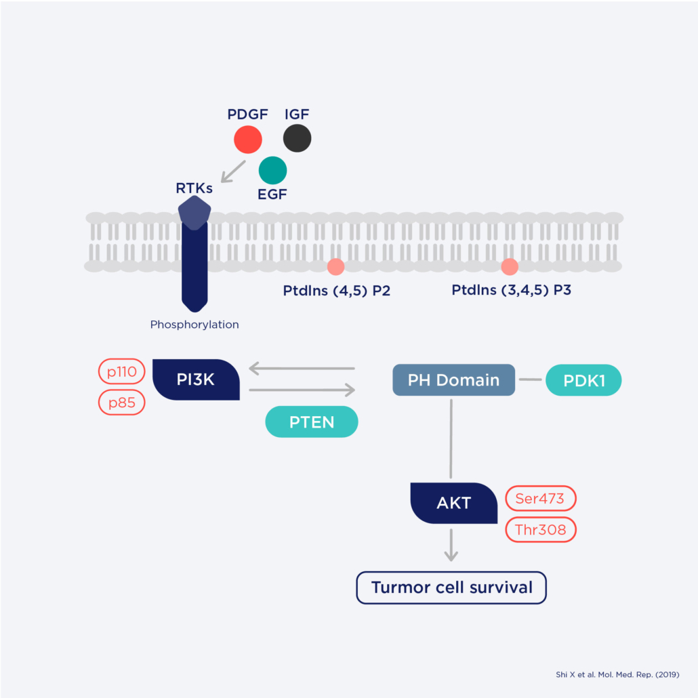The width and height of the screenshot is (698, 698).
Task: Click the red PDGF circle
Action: (247, 140)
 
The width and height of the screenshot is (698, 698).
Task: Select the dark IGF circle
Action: (297, 138)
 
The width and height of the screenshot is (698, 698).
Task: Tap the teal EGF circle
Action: (272, 169)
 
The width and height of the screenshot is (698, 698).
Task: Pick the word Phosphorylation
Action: (194, 325)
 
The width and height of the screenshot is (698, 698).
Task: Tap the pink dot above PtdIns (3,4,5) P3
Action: (510, 266)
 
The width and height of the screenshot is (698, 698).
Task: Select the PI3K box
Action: (197, 379)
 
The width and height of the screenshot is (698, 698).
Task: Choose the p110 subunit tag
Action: (122, 372)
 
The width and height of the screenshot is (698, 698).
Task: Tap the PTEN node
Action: (312, 422)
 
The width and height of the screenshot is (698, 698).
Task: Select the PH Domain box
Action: (454, 380)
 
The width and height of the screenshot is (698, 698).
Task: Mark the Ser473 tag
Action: (541, 499)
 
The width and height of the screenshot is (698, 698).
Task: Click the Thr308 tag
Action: (541, 529)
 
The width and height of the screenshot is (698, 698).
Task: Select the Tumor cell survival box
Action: (451, 588)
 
